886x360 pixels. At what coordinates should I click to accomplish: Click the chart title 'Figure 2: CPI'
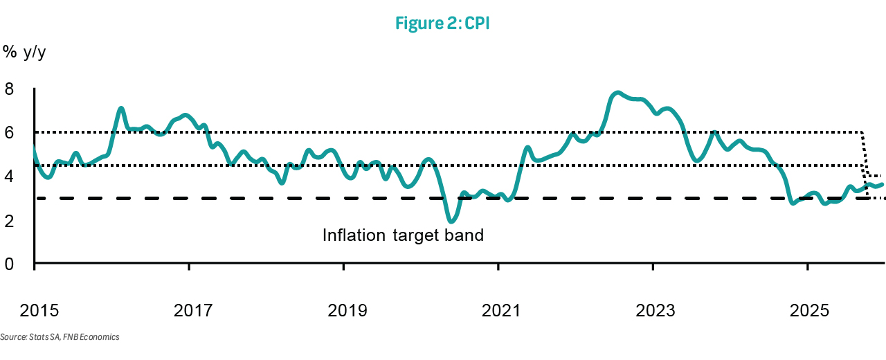coord(443,23)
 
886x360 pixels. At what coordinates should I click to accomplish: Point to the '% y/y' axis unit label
coord(26,53)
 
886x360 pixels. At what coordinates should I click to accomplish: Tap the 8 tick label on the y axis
coord(10,89)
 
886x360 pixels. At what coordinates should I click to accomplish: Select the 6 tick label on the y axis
coord(10,132)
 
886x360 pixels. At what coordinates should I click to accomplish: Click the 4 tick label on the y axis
coord(10,177)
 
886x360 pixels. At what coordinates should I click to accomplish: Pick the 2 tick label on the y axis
coord(10,220)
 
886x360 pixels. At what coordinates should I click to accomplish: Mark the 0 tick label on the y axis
coord(10,264)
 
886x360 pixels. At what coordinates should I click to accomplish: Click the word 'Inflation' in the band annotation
coord(351,235)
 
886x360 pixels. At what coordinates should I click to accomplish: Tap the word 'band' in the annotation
coord(464,235)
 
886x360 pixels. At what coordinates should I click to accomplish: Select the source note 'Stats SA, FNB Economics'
coord(60,337)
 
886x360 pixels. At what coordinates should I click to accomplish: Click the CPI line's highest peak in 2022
coord(618,92)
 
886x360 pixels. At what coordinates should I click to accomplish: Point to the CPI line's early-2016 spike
coord(121,108)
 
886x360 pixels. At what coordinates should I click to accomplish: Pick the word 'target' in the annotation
coord(413,235)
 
